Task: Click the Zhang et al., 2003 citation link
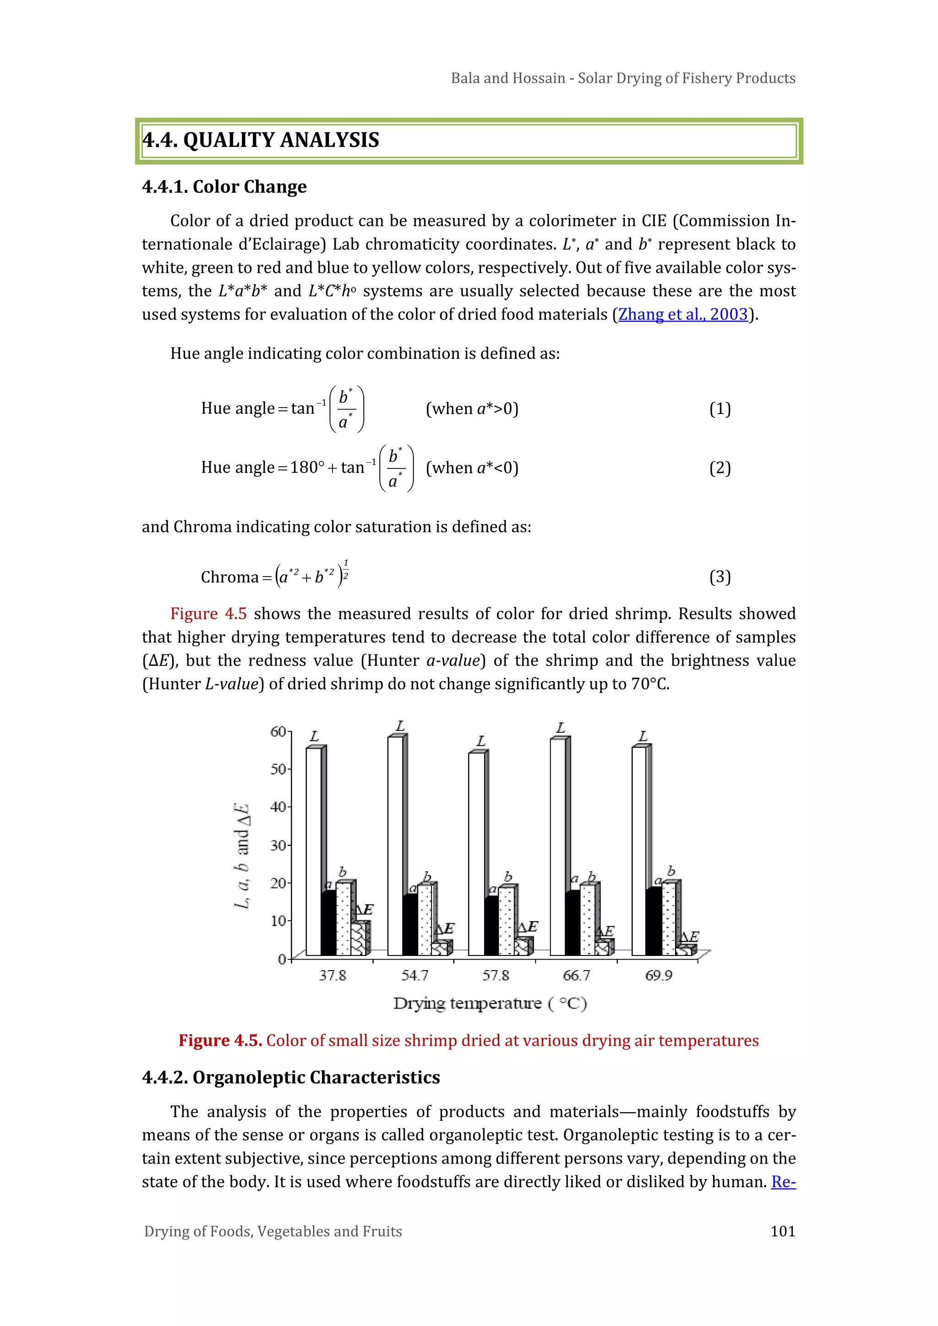pyautogui.click(x=683, y=314)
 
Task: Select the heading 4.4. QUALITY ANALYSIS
pyautogui.click(x=261, y=140)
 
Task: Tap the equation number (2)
pyautogui.click(x=720, y=467)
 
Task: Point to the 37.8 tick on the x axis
pyautogui.click(x=333, y=976)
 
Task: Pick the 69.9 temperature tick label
pyautogui.click(x=659, y=976)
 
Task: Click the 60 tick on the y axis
pyautogui.click(x=278, y=732)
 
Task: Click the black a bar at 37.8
pyautogui.click(x=328, y=923)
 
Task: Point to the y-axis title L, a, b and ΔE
pyautogui.click(x=241, y=855)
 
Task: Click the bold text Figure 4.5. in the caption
pyautogui.click(x=220, y=1040)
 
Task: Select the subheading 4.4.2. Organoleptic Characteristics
pyautogui.click(x=291, y=1077)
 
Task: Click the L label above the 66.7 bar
pyautogui.click(x=560, y=728)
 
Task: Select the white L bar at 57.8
pyautogui.click(x=476, y=855)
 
